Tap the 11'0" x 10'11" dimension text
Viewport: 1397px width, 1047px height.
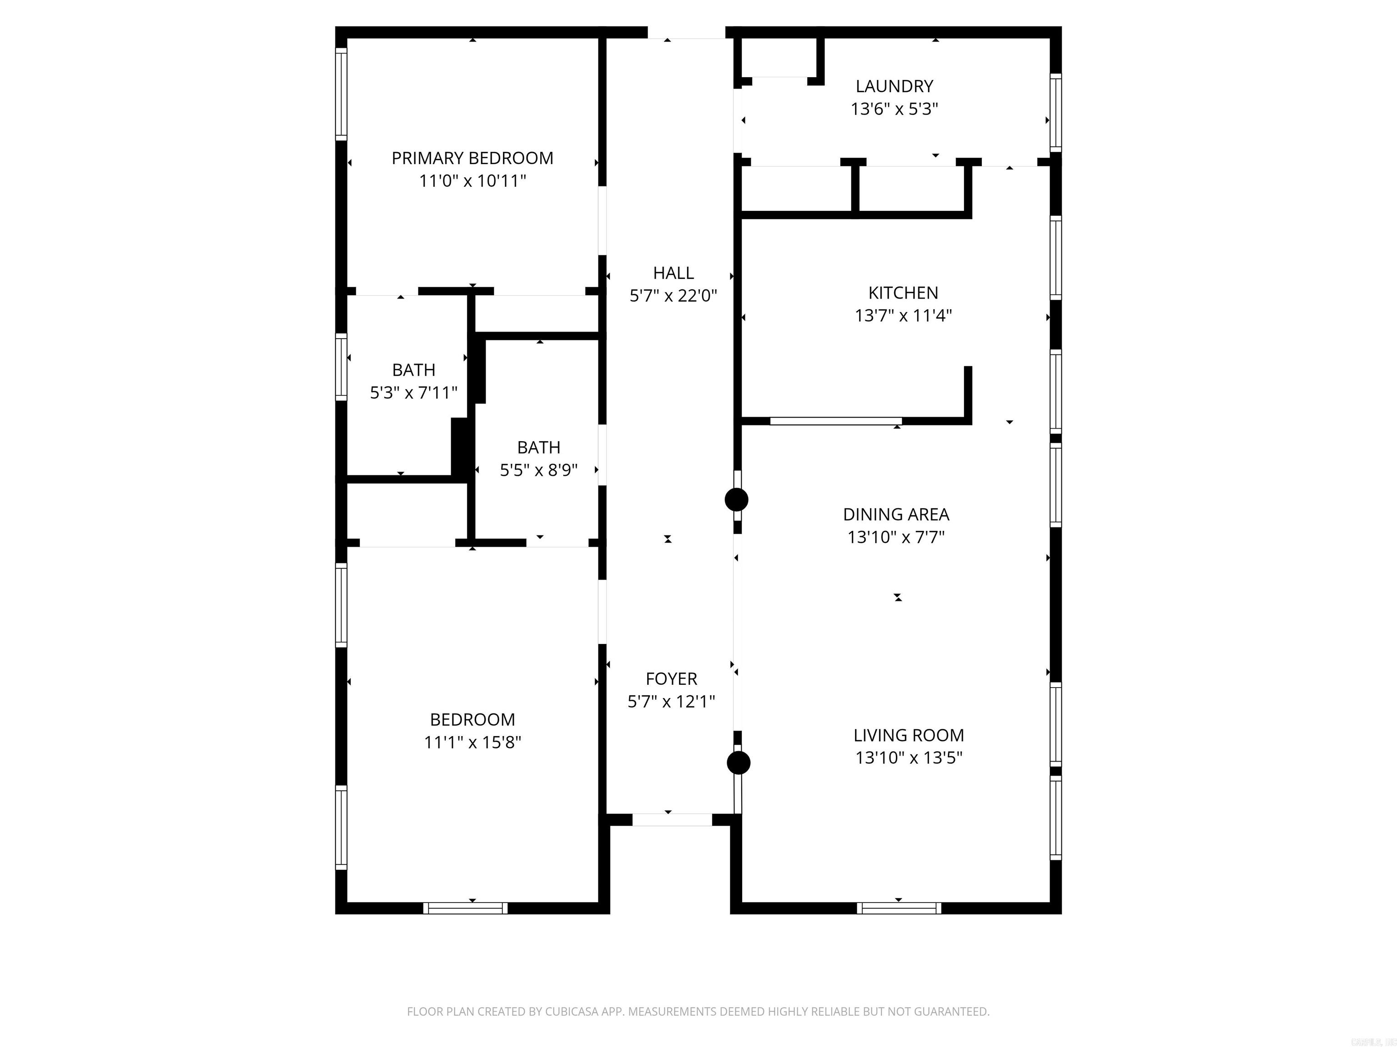pos(472,181)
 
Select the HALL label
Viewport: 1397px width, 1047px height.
pos(673,273)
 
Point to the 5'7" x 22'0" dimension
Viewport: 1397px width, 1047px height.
pos(673,295)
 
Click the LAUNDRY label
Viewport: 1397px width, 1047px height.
pos(894,86)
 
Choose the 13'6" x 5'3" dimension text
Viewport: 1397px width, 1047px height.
pos(894,109)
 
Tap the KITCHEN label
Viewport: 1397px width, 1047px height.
pos(903,293)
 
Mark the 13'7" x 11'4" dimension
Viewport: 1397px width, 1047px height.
pos(903,315)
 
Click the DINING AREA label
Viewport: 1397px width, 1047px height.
pos(896,514)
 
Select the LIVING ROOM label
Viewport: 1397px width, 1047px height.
pos(909,735)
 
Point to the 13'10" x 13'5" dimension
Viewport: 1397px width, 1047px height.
pos(909,758)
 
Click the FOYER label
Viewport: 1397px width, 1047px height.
pos(671,678)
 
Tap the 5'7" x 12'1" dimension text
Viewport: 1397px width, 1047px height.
pos(671,701)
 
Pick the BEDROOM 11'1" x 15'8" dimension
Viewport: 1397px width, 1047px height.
pos(472,742)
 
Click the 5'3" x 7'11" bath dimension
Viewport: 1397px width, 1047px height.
pos(414,393)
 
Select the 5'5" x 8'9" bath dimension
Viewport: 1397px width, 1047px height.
pos(539,470)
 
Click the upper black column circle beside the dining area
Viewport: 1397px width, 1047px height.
pos(736,500)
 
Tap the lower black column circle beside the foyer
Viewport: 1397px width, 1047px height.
pos(738,763)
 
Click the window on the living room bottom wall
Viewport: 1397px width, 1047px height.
pos(899,908)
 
